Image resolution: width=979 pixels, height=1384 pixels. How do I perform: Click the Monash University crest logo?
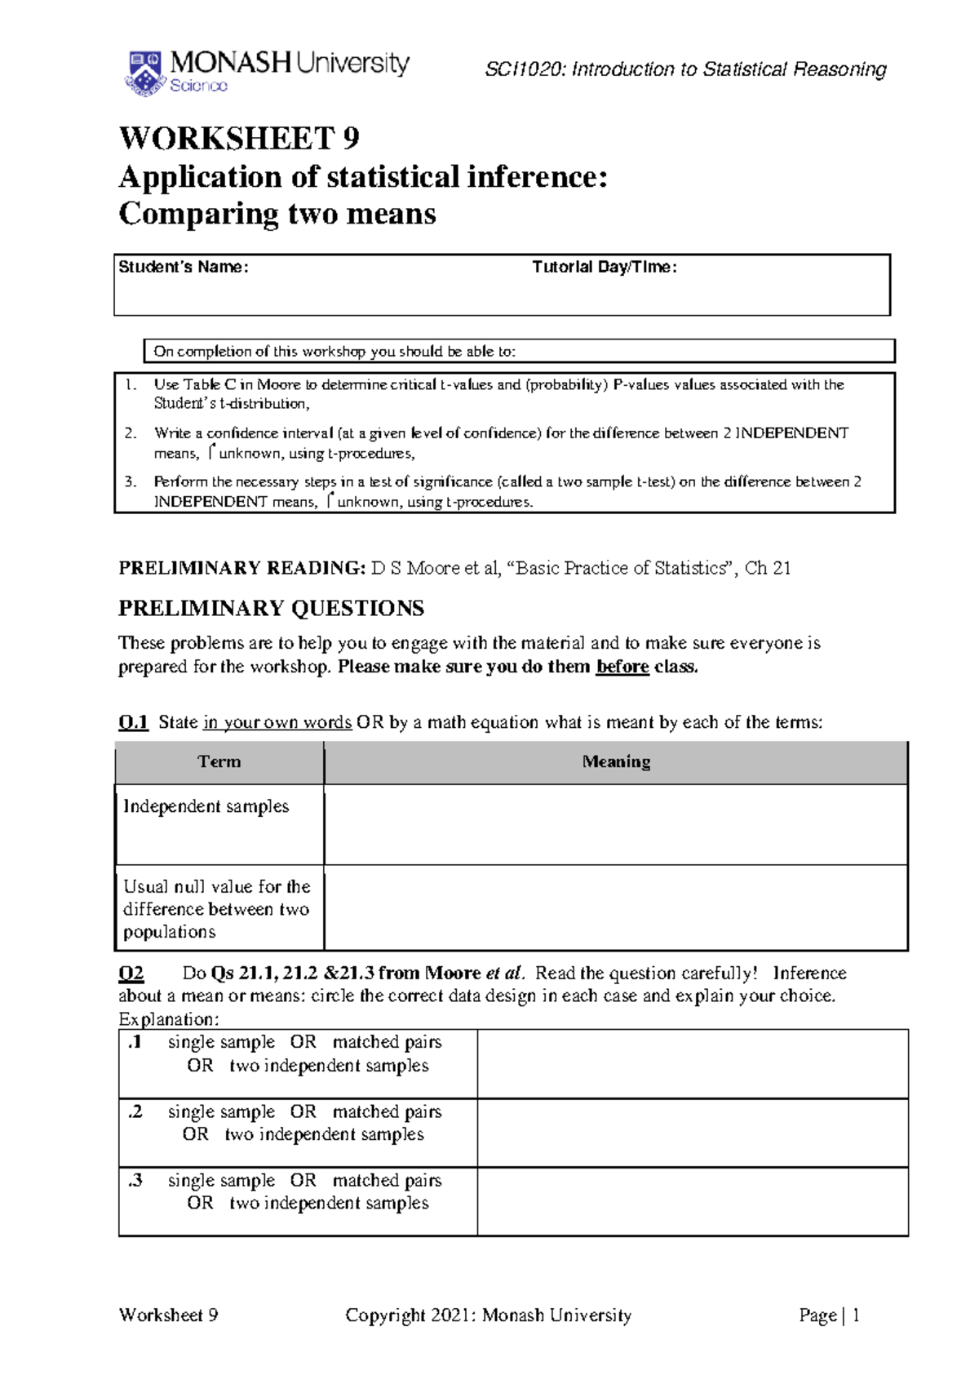point(144,73)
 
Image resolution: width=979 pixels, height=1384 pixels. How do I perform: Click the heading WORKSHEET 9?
point(239,138)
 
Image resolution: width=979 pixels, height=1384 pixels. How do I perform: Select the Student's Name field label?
point(183,267)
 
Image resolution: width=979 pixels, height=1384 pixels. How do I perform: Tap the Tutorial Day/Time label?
point(604,267)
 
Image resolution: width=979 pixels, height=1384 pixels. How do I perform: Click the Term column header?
point(219,762)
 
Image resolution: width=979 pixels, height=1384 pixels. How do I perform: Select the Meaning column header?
point(616,762)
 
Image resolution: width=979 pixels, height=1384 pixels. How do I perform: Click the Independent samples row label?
point(206,806)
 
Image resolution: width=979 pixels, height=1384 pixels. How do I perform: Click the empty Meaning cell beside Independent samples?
point(616,824)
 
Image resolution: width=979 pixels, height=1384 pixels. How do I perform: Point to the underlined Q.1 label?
point(133,722)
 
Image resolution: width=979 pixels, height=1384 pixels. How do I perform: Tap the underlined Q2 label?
point(131,973)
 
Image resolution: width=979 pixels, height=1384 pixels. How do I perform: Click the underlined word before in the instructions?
point(622,667)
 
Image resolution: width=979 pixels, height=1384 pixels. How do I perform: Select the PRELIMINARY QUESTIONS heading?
point(271,608)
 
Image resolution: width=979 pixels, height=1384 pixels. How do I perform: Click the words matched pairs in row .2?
point(387,1111)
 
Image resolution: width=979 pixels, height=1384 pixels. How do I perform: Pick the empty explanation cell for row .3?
point(692,1201)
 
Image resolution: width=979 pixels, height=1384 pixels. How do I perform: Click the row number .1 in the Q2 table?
point(135,1042)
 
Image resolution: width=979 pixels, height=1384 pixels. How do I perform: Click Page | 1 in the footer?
point(829,1315)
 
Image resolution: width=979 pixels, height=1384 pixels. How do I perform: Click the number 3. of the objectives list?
point(131,481)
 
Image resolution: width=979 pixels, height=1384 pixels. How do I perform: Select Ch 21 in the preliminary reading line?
point(768,568)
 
